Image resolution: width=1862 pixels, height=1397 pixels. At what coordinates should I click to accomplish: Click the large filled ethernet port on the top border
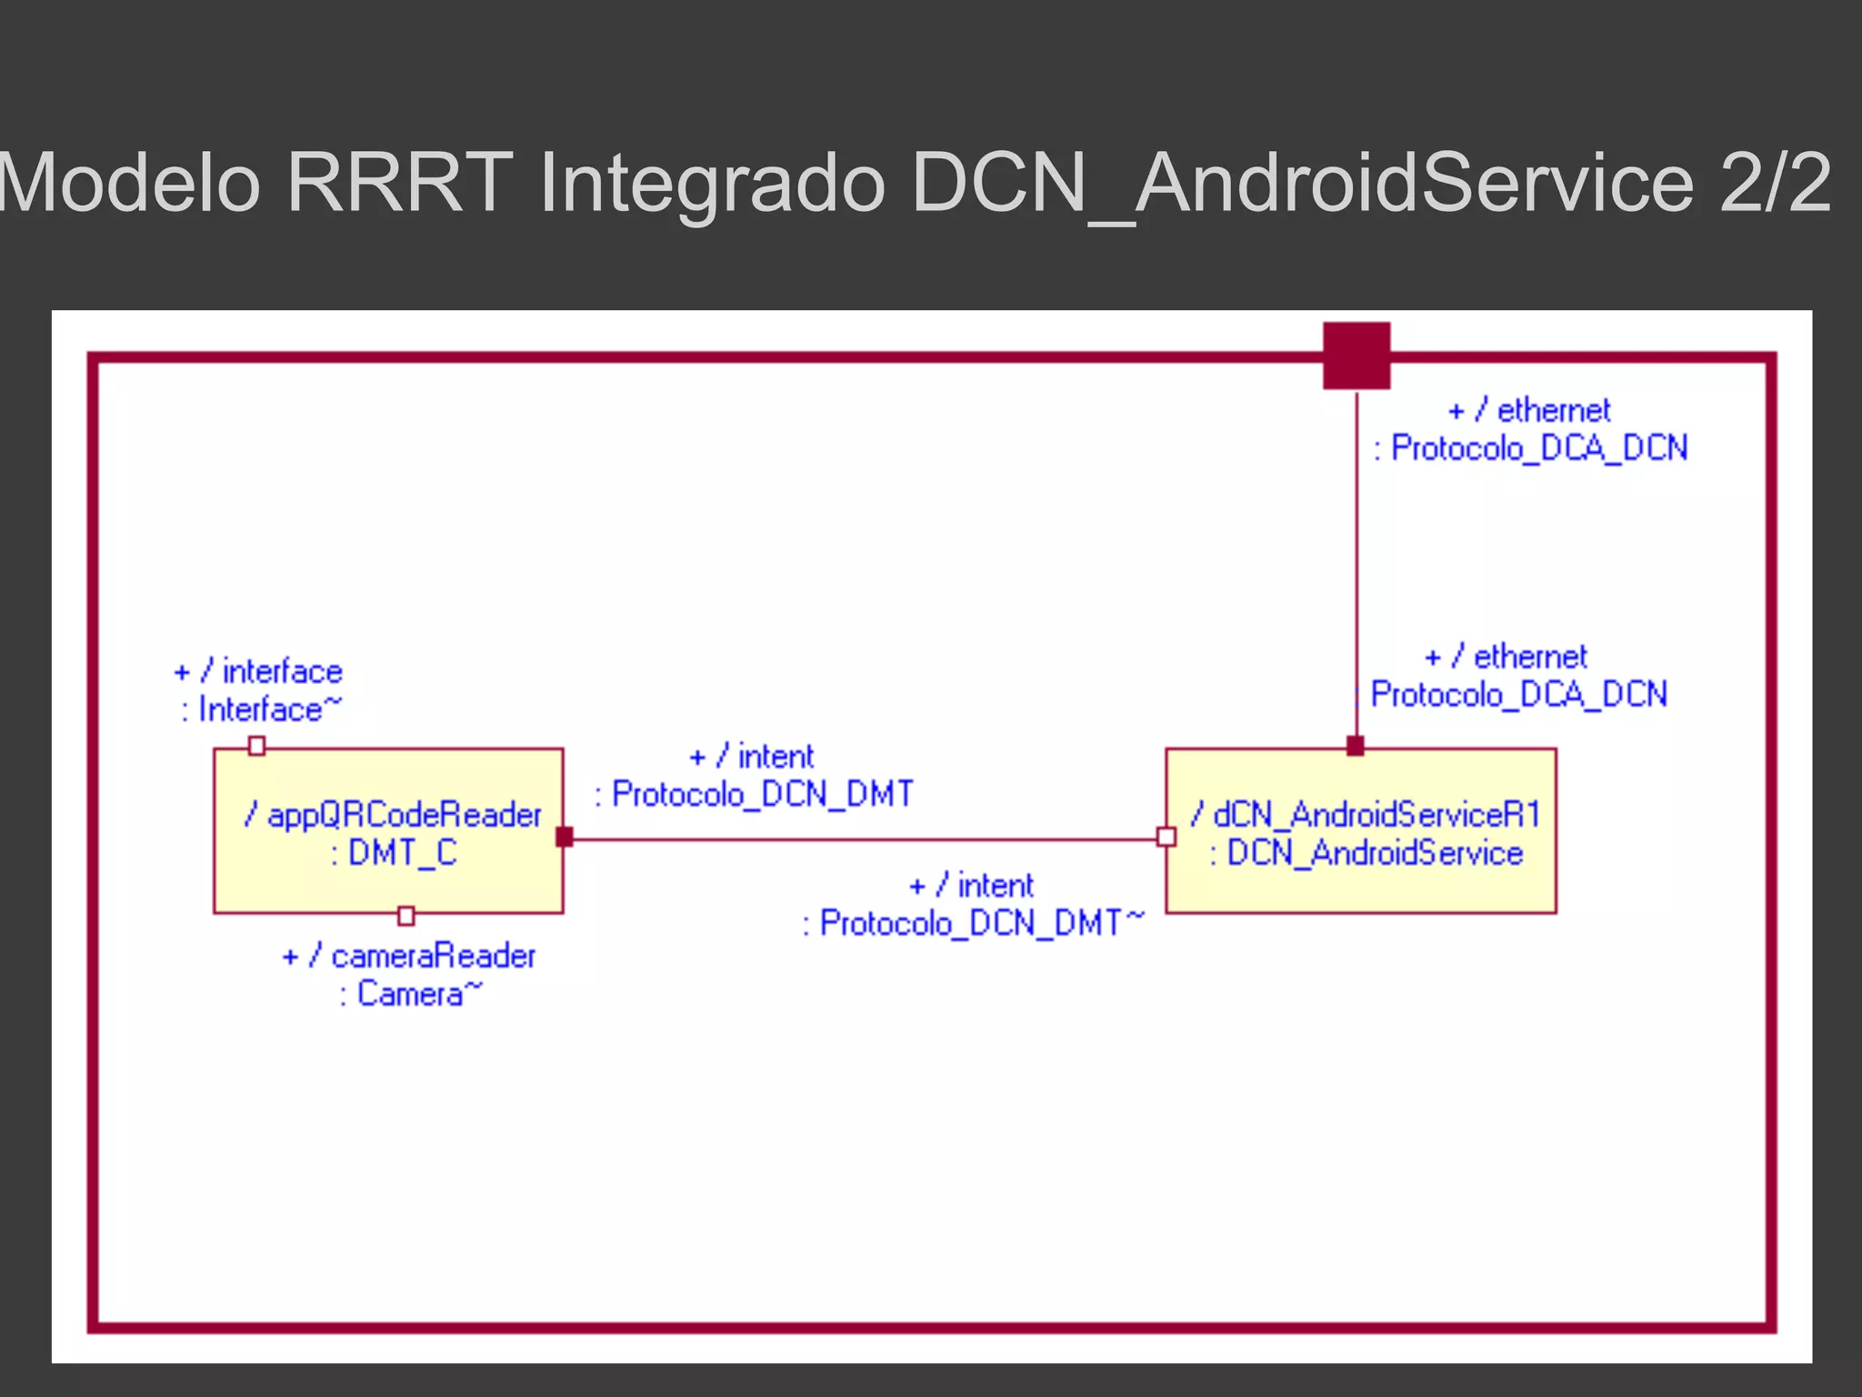click(1356, 356)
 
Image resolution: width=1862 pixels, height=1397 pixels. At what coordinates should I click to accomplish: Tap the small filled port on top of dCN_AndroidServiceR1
click(1355, 746)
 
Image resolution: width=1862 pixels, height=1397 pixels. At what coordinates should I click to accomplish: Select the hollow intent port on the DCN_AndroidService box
click(1166, 837)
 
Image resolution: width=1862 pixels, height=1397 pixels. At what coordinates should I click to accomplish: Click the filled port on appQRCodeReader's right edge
click(564, 837)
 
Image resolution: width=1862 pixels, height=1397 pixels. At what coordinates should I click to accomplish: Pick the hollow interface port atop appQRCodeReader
click(256, 746)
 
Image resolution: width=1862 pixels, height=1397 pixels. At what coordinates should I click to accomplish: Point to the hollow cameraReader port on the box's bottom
click(406, 915)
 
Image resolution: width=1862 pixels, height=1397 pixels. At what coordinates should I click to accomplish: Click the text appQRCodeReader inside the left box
click(404, 815)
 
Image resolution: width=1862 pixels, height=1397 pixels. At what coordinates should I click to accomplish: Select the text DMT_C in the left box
click(402, 853)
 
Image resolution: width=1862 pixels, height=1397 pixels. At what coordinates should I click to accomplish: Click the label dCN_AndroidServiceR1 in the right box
click(1376, 815)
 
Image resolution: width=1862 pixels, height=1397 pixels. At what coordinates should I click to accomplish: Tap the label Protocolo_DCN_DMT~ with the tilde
click(980, 923)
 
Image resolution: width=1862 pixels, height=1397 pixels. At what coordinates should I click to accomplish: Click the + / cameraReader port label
click(409, 956)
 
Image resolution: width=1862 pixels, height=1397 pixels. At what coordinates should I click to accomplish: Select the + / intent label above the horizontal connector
click(752, 757)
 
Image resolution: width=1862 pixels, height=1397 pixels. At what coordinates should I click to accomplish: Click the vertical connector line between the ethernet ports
click(1356, 564)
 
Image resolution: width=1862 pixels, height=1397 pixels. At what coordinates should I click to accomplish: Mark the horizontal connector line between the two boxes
click(864, 839)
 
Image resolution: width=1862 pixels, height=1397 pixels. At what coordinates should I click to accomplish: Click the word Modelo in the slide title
click(127, 182)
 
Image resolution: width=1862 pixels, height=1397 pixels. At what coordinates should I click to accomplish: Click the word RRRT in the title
click(400, 182)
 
